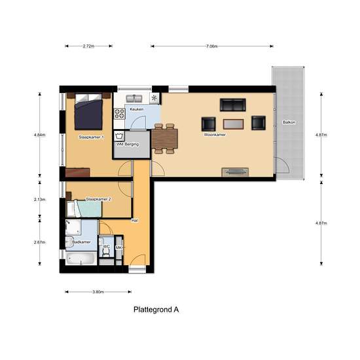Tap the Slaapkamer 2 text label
tap(99, 198)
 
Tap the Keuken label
tap(136, 109)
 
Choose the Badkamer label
tap(81, 242)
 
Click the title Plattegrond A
tap(156, 309)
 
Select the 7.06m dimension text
tap(211, 46)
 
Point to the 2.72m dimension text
tap(88, 46)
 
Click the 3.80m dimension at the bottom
tap(98, 292)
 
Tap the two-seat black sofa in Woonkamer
tap(232, 105)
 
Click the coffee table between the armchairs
tap(232, 123)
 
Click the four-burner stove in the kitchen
tap(120, 115)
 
